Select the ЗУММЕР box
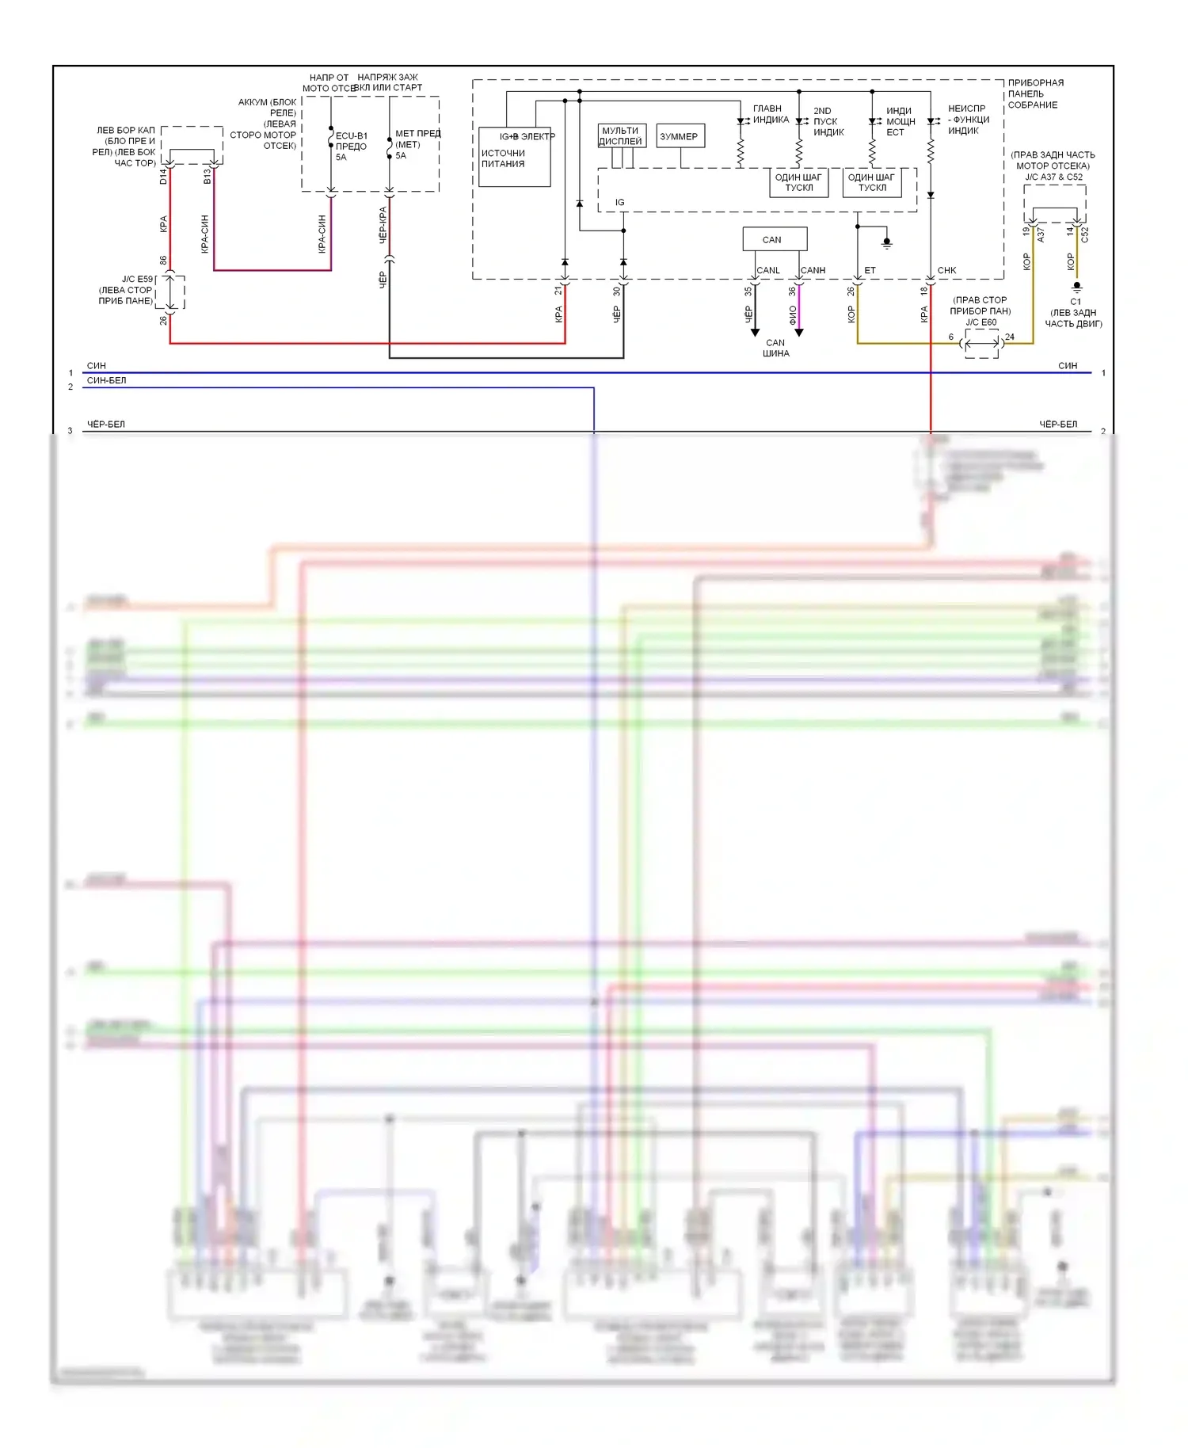click(x=680, y=136)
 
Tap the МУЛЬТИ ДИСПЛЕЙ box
click(x=621, y=136)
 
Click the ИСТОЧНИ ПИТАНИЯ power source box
click(x=514, y=158)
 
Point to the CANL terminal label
click(x=767, y=270)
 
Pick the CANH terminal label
click(x=813, y=270)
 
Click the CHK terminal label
click(x=946, y=270)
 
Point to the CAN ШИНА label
click(x=775, y=348)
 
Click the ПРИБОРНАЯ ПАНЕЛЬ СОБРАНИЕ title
click(x=1035, y=93)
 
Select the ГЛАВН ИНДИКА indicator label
click(x=770, y=114)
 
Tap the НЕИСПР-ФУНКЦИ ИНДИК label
click(x=968, y=120)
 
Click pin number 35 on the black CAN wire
click(x=748, y=292)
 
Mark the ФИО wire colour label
click(x=793, y=315)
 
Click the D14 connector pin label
click(x=163, y=177)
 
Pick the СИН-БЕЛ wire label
click(x=106, y=380)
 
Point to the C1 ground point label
click(x=1075, y=302)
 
